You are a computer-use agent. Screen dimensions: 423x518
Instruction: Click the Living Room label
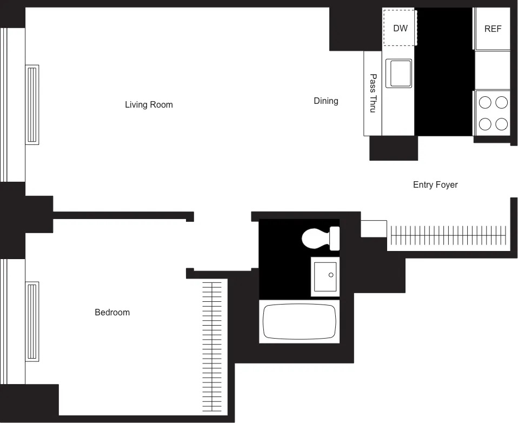[149, 104]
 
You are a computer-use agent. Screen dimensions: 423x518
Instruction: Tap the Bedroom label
[112, 312]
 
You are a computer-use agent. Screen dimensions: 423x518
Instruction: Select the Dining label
[326, 101]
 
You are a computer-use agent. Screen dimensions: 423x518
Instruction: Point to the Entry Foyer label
[435, 184]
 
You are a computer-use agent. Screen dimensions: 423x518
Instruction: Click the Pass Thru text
[373, 93]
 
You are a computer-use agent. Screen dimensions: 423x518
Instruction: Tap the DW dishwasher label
[400, 28]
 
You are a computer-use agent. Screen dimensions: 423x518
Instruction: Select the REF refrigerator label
[493, 29]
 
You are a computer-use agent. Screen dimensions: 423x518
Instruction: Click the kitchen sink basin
[399, 73]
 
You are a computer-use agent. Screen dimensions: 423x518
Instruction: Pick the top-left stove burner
[485, 102]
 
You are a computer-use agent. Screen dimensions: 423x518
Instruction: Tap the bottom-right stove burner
[502, 124]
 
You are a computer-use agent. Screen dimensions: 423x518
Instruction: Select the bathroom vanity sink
[325, 276]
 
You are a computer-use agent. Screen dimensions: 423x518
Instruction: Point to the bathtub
[300, 321]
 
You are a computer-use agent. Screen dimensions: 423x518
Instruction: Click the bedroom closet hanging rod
[211, 346]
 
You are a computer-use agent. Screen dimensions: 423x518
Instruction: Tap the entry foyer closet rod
[449, 236]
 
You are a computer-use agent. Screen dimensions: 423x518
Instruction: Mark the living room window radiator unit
[32, 104]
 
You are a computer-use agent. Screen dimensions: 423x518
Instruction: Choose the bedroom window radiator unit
[32, 321]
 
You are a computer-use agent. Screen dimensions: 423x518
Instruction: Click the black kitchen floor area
[443, 70]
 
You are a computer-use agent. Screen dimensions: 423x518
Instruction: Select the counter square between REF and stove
[492, 70]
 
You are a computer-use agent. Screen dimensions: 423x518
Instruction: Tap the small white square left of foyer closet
[374, 228]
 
